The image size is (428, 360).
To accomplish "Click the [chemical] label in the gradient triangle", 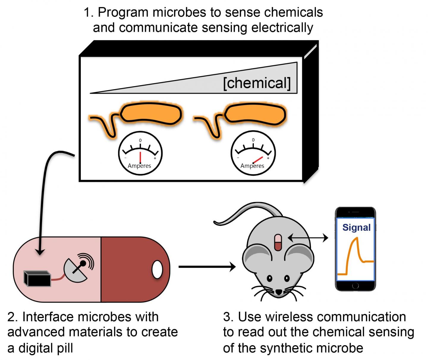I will pos(257,83).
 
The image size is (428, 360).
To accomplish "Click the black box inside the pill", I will pos(37,278).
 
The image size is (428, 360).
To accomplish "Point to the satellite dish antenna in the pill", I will pos(78,266).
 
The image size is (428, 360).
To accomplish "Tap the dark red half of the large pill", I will pos(131,269).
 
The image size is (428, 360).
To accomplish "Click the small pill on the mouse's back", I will pos(278,242).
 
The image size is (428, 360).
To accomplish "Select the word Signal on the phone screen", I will pos(356,227).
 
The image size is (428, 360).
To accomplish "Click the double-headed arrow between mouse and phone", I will pos(308,238).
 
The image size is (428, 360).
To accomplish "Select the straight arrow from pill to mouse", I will pos(207,267).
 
